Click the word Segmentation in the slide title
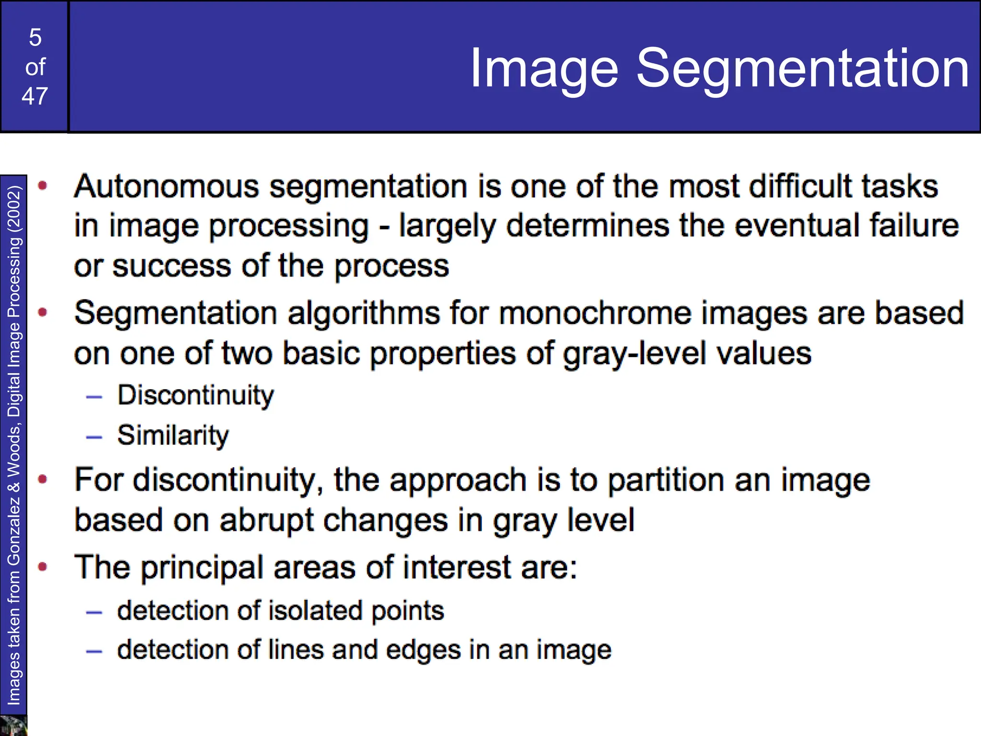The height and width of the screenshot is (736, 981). pyautogui.click(x=803, y=69)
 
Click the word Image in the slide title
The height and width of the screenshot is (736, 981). pyautogui.click(x=544, y=69)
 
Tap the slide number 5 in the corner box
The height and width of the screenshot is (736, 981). pyautogui.click(x=35, y=37)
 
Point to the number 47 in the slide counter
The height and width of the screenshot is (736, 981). pyautogui.click(x=35, y=96)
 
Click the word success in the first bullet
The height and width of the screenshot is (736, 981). pyautogui.click(x=171, y=266)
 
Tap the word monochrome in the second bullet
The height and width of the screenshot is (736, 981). pyautogui.click(x=595, y=313)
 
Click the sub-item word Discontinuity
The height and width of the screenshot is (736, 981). pyautogui.click(x=195, y=396)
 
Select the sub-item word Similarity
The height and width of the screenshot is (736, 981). pyautogui.click(x=173, y=436)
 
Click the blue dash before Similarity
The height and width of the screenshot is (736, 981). pyautogui.click(x=94, y=437)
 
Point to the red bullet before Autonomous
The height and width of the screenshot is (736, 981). pyautogui.click(x=43, y=186)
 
